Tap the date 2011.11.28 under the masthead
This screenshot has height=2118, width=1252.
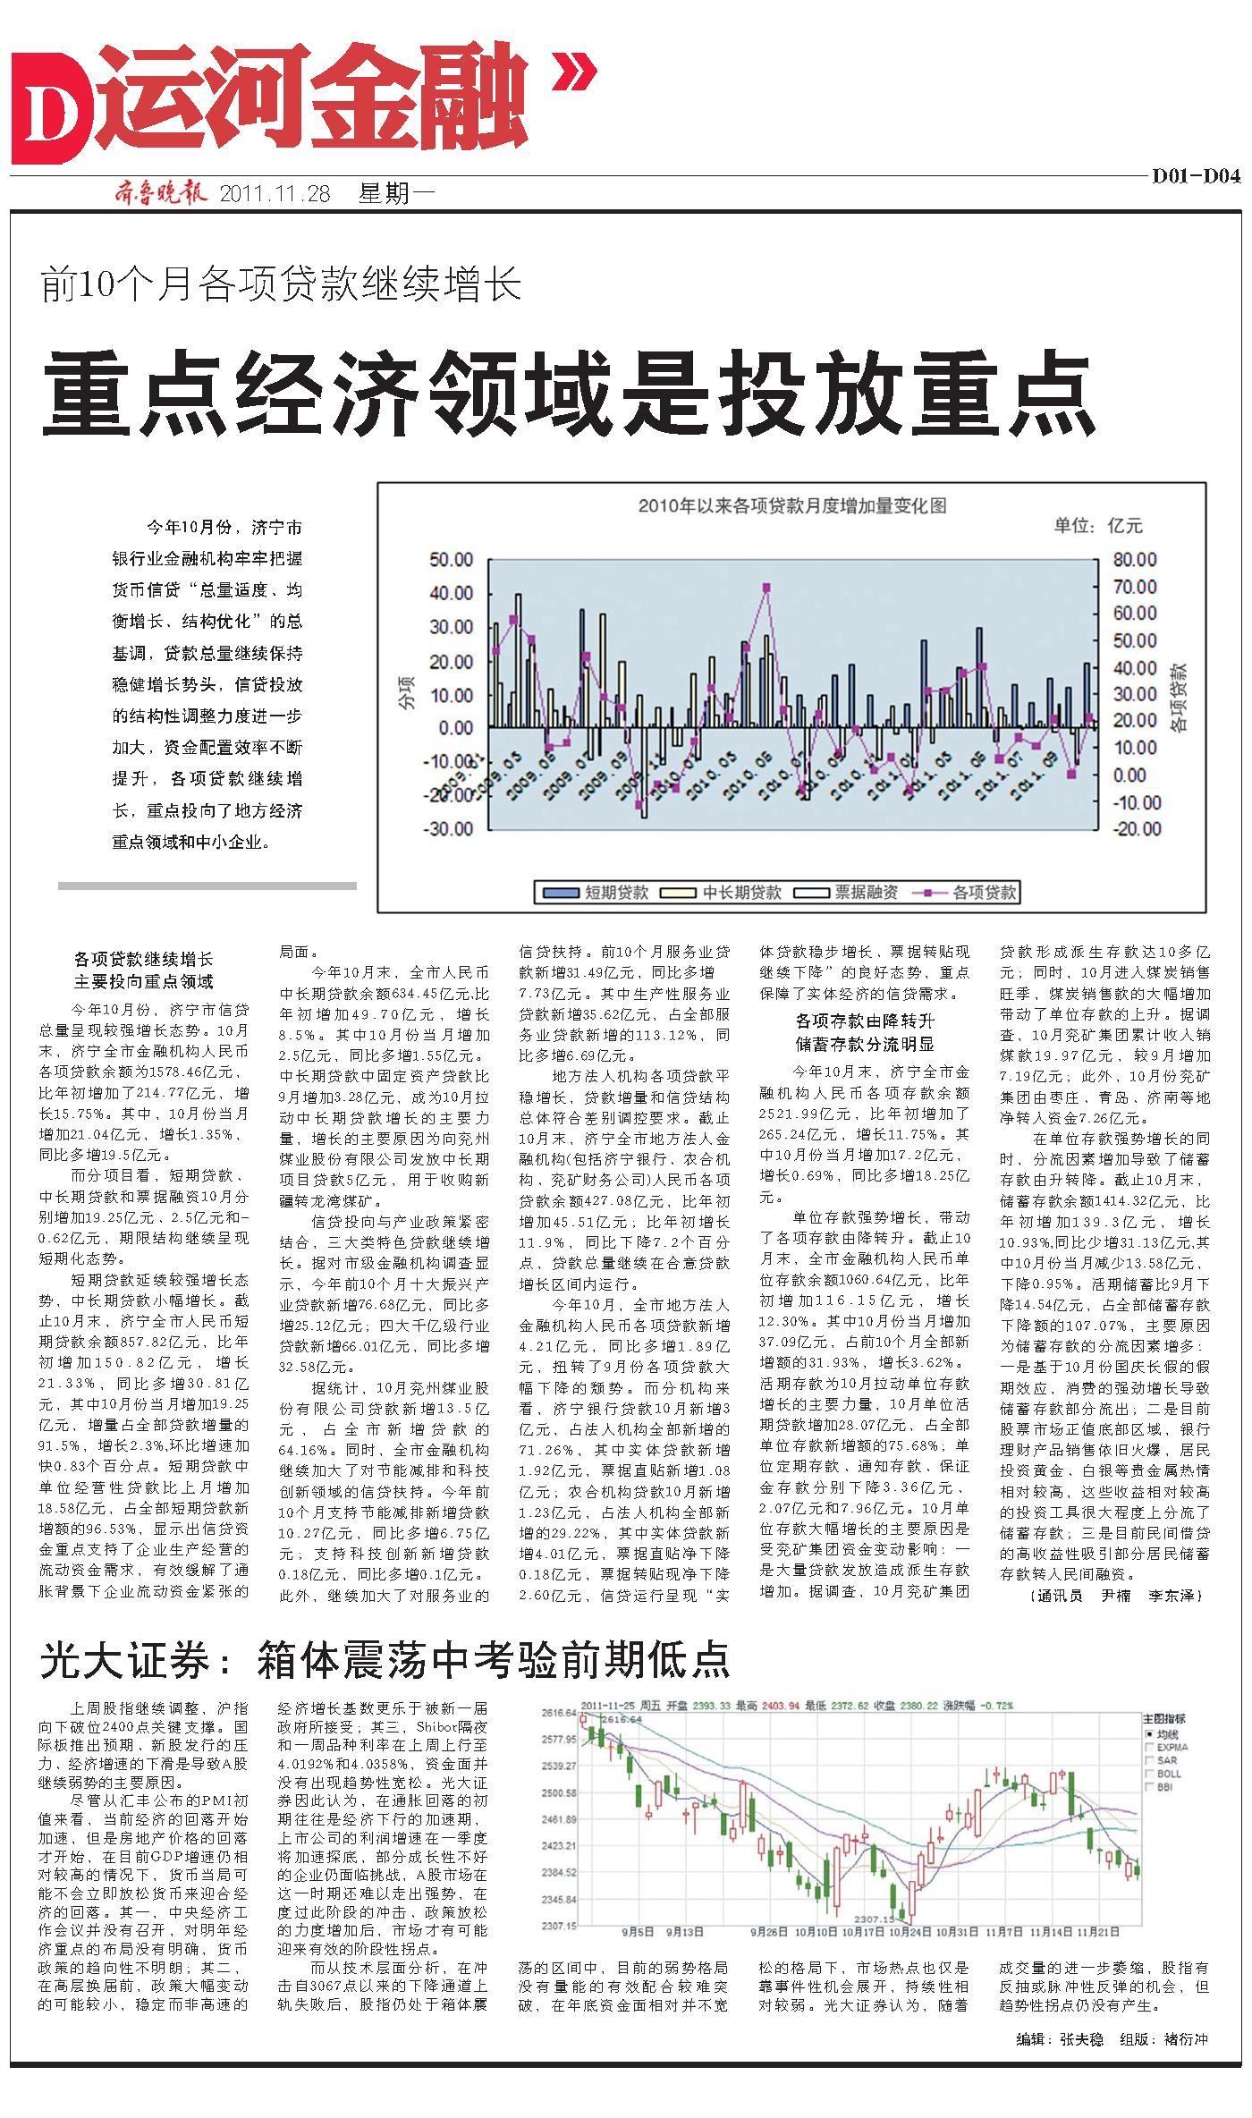[x=274, y=194]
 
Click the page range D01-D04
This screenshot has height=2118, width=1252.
[x=1195, y=177]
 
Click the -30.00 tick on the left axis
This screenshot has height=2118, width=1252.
[x=451, y=828]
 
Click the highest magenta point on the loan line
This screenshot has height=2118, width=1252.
[x=766, y=588]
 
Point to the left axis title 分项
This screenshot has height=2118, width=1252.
[x=408, y=693]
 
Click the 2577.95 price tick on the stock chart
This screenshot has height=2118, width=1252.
[x=559, y=1740]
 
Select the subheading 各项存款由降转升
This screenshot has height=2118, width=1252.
[x=865, y=1021]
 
